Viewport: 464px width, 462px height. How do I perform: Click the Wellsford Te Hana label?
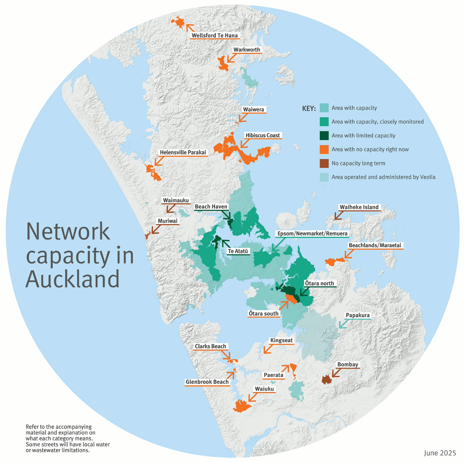click(215, 36)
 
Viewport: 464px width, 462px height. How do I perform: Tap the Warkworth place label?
click(246, 50)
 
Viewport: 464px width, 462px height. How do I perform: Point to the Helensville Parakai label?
click(183, 153)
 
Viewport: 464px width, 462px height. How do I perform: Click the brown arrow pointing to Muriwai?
click(155, 229)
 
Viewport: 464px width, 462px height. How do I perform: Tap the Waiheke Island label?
click(359, 207)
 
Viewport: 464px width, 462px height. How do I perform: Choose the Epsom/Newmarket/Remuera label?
click(312, 234)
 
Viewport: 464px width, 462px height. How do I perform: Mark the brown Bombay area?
click(326, 379)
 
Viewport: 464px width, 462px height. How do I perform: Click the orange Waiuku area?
click(241, 406)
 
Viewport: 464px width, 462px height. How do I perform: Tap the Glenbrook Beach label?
click(207, 382)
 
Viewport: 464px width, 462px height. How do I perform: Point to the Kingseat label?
click(281, 341)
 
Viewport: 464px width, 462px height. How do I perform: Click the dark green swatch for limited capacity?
click(324, 136)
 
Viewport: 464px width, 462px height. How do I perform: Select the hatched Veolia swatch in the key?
click(324, 177)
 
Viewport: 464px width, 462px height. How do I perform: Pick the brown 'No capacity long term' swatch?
click(324, 163)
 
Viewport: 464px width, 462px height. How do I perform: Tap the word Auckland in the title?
click(72, 279)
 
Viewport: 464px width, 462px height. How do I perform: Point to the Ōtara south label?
click(264, 314)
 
